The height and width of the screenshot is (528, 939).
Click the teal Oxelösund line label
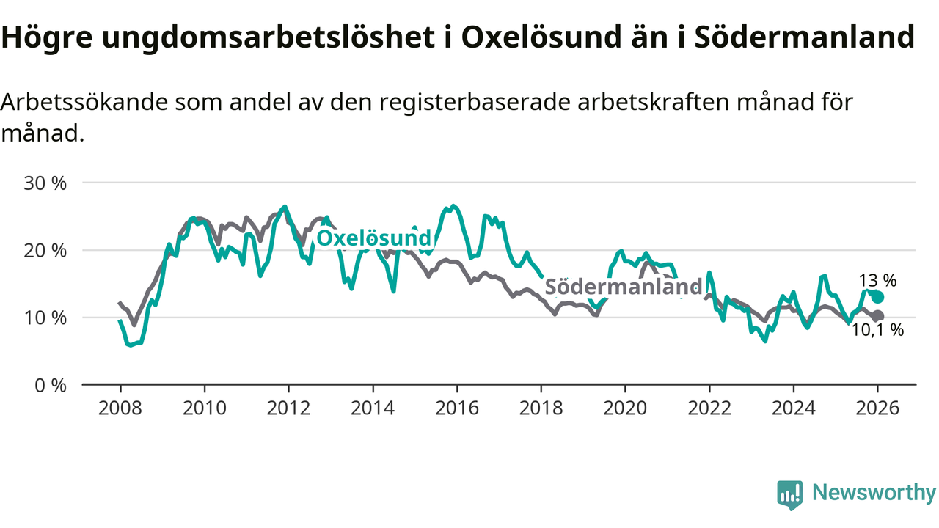point(373,238)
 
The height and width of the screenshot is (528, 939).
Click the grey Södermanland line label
point(623,287)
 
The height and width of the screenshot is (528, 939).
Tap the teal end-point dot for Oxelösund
point(878,297)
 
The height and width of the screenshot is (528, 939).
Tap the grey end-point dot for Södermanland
point(878,316)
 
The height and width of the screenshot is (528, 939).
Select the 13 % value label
point(878,280)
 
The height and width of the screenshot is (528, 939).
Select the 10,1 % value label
point(877,331)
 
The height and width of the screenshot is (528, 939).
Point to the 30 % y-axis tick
point(45,183)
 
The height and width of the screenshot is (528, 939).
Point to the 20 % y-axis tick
point(45,251)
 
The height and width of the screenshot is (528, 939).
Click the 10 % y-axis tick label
point(45,318)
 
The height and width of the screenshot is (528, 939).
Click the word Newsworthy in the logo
point(874,494)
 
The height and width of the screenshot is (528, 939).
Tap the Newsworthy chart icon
point(790,495)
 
